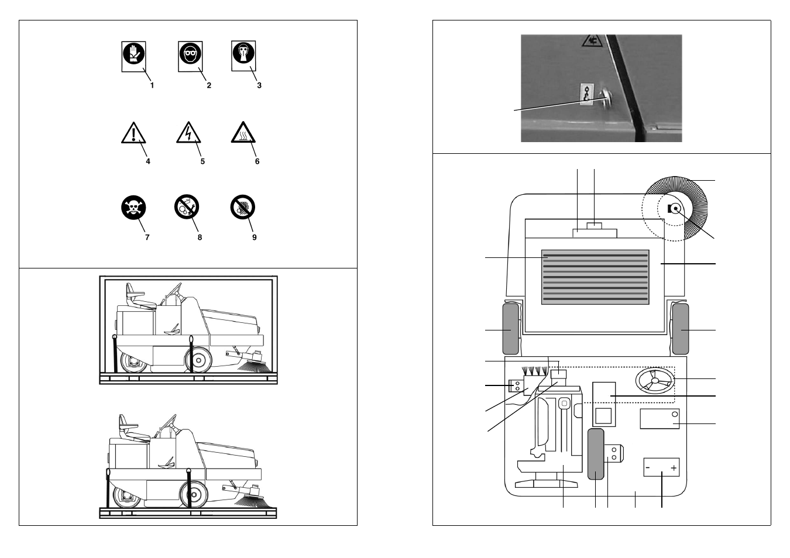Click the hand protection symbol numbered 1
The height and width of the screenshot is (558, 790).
[133, 56]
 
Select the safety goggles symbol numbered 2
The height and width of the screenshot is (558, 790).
[190, 56]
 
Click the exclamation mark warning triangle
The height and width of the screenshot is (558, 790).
[133, 134]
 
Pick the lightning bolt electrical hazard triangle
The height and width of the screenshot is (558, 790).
[188, 134]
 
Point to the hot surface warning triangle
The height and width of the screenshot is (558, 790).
[243, 134]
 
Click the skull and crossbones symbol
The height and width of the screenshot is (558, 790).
[133, 208]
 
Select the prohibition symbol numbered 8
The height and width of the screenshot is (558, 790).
[187, 207]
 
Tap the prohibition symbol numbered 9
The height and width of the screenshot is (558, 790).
[242, 207]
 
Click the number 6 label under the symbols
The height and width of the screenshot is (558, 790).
[257, 161]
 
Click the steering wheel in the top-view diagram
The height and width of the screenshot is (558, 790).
[655, 381]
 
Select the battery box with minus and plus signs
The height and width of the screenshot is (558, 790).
[661, 467]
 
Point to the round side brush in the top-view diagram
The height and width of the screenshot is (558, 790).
[676, 208]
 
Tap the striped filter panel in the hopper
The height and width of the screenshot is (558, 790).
[595, 277]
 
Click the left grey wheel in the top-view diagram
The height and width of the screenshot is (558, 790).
[510, 329]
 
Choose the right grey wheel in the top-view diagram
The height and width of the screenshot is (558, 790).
[680, 329]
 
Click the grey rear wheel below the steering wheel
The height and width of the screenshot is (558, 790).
[596, 454]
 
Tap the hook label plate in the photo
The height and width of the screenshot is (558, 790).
[587, 94]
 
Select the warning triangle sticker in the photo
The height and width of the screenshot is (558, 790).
[592, 40]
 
